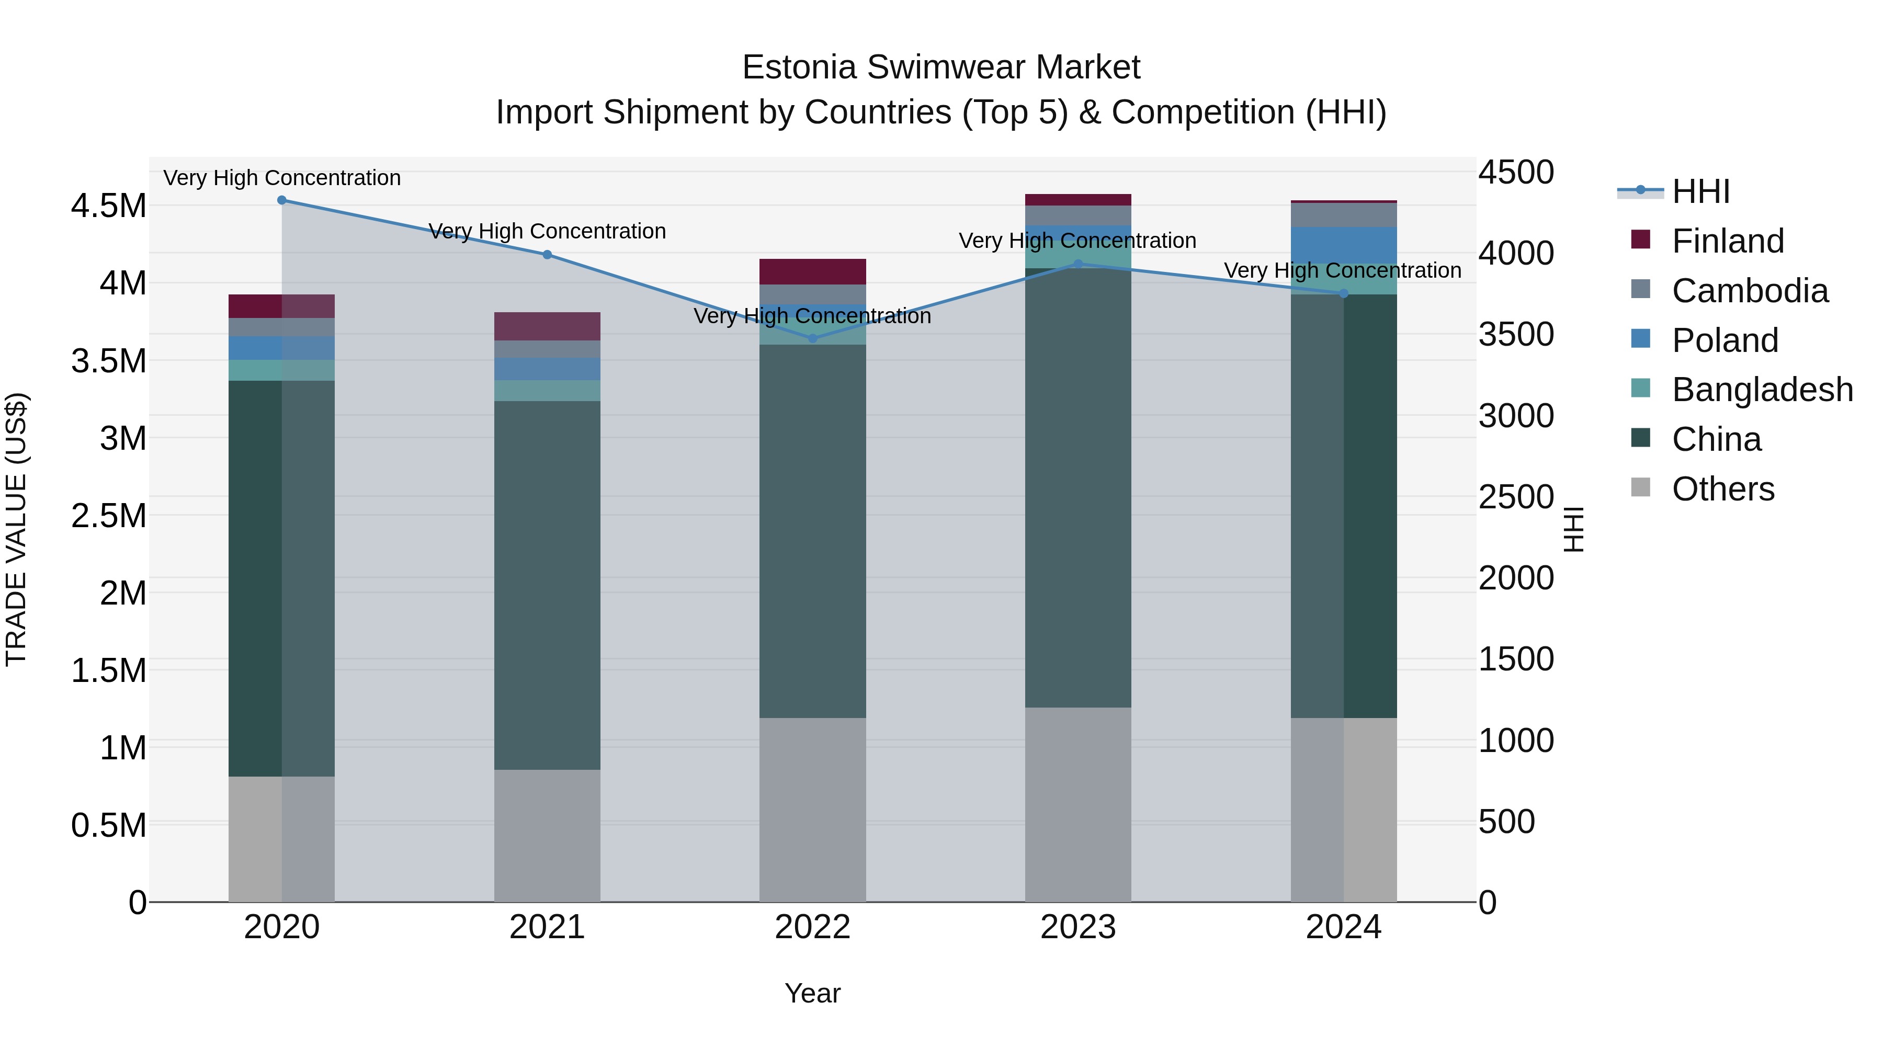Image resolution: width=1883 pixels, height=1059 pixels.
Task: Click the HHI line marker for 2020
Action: (x=281, y=200)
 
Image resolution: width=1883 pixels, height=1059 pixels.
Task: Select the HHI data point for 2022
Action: (x=813, y=338)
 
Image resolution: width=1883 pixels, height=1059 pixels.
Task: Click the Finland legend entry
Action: (x=1727, y=241)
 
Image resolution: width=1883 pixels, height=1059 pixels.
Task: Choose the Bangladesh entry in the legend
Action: (x=1762, y=390)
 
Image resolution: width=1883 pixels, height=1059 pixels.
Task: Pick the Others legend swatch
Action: (x=1640, y=487)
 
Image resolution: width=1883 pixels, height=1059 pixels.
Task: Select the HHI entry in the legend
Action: (x=1700, y=191)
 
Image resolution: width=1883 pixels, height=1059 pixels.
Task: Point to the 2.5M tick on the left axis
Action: (x=108, y=516)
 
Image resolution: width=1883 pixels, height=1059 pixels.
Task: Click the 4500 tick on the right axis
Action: (x=1515, y=173)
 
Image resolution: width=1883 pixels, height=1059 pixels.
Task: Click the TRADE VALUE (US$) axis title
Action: (x=17, y=529)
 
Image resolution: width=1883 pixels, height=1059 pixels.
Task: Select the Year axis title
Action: (x=812, y=993)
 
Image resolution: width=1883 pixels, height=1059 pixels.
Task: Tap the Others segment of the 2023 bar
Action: (x=1077, y=804)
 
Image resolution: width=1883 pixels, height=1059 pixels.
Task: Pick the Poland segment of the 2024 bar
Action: (x=1344, y=245)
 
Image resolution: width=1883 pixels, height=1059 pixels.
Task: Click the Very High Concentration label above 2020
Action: (x=281, y=178)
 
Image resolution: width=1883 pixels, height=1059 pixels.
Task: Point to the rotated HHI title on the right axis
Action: (x=1573, y=529)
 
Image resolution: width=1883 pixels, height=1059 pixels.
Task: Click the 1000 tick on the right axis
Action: (x=1515, y=741)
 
